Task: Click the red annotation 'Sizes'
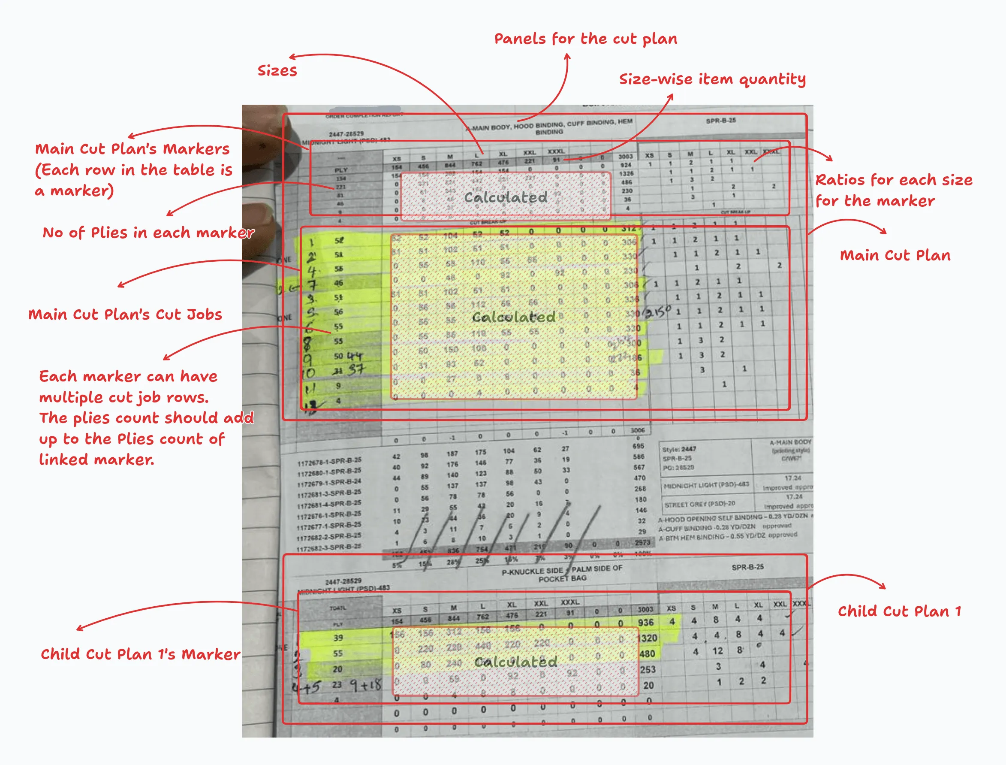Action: tap(277, 71)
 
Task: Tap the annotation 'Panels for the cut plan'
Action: tap(586, 39)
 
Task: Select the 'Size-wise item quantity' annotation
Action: tap(712, 79)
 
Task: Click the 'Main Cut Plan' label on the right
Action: tap(895, 255)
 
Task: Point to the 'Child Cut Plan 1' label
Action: tap(899, 611)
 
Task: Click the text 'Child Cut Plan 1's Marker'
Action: tap(140, 654)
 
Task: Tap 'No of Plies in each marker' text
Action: tap(148, 233)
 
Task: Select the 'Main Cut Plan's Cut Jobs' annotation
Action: tap(125, 314)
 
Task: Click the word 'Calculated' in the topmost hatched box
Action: tap(506, 197)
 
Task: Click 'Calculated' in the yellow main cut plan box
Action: tap(513, 317)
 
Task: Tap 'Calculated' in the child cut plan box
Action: tap(515, 662)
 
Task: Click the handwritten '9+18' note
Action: tap(365, 685)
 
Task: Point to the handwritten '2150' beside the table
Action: tap(658, 312)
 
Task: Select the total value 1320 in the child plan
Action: tap(648, 638)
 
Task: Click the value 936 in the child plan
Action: tap(646, 623)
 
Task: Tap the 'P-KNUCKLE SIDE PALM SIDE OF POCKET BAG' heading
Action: tap(562, 574)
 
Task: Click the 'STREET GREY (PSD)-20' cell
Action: tap(699, 504)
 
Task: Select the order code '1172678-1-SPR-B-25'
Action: tap(329, 462)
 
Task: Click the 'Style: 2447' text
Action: tap(679, 449)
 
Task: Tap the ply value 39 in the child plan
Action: tap(337, 638)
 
